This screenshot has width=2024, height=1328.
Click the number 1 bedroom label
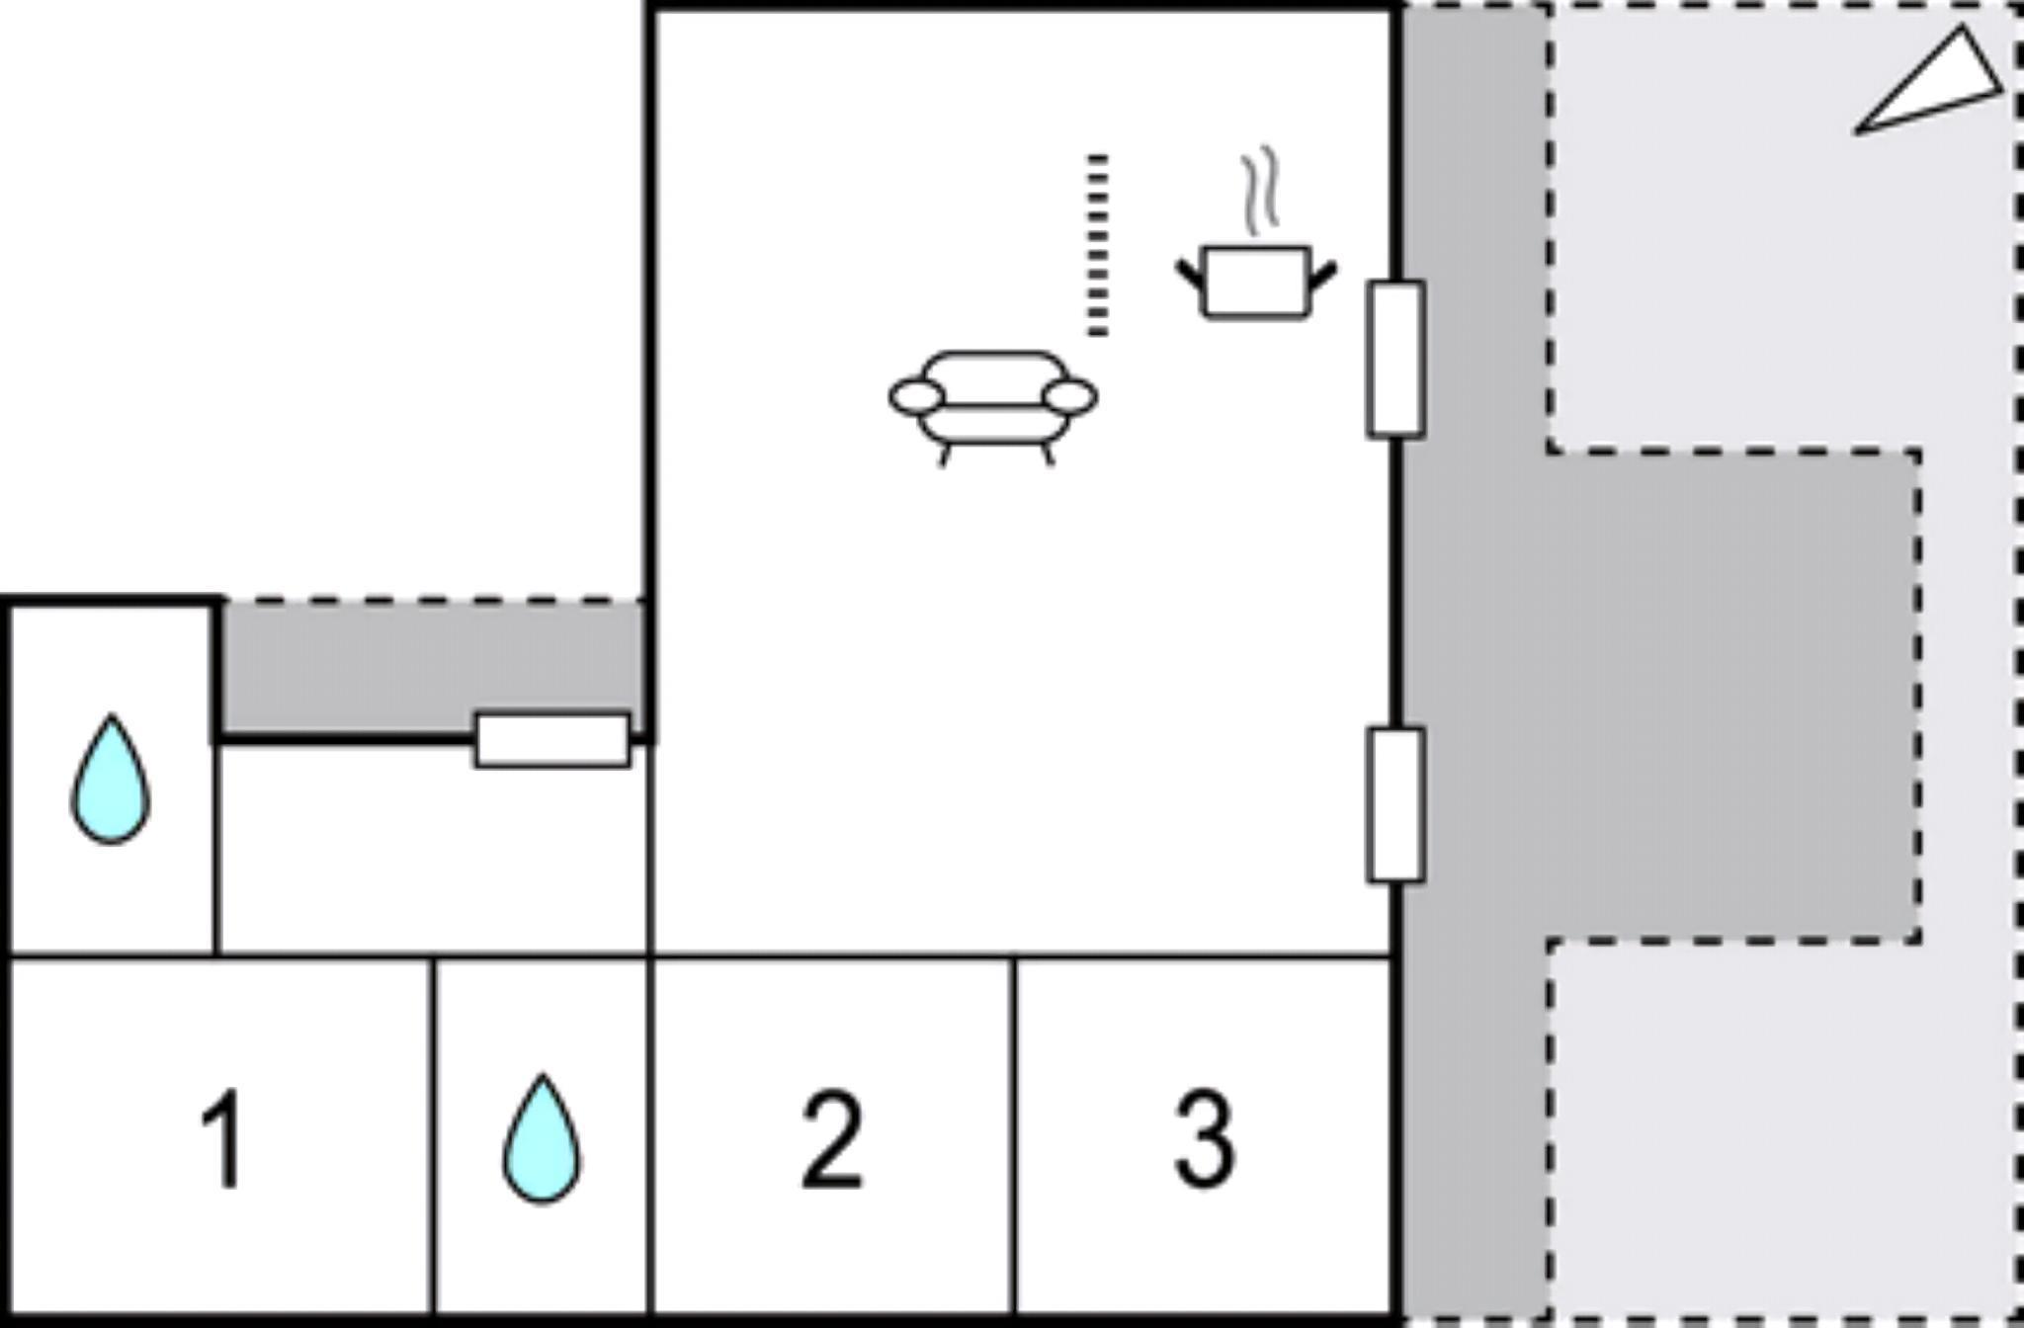(x=223, y=1139)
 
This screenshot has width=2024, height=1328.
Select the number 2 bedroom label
(x=831, y=1139)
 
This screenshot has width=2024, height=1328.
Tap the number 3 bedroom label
(x=1204, y=1139)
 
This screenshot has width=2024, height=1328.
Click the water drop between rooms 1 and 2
(x=542, y=1137)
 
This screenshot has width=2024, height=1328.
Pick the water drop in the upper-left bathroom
(x=111, y=779)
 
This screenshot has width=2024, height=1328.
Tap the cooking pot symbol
(x=1256, y=282)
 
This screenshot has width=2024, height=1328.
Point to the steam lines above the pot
(x=1260, y=191)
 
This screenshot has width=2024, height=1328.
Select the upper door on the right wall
(x=1395, y=359)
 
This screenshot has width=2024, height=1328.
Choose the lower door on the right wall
(x=1395, y=804)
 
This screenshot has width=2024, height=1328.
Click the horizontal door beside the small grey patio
(x=552, y=740)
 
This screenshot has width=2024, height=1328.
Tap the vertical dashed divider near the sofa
(x=1097, y=245)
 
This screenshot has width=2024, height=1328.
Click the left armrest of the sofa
(x=917, y=397)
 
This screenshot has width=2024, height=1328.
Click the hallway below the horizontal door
(x=433, y=850)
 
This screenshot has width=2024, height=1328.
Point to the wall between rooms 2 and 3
(x=1014, y=1136)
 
